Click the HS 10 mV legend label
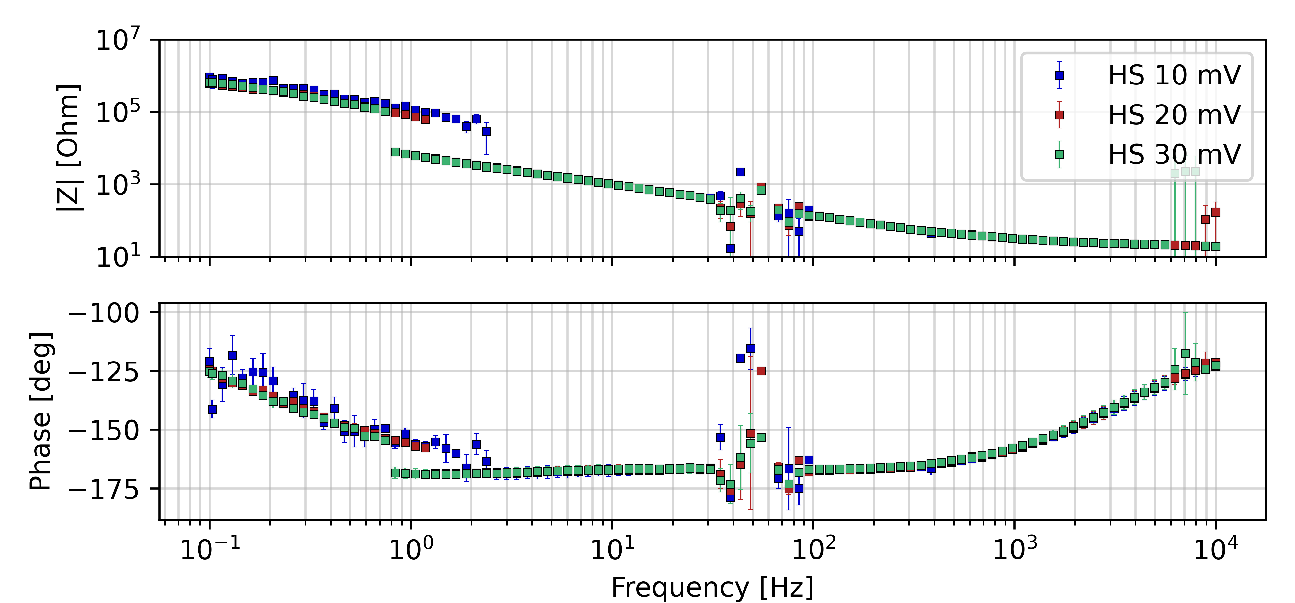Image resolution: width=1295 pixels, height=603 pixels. coord(1174,76)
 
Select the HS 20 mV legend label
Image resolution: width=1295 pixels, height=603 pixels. coord(1174,115)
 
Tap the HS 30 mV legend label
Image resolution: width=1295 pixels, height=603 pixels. coord(1174,154)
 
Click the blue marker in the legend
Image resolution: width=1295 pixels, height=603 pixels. coord(1059,75)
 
